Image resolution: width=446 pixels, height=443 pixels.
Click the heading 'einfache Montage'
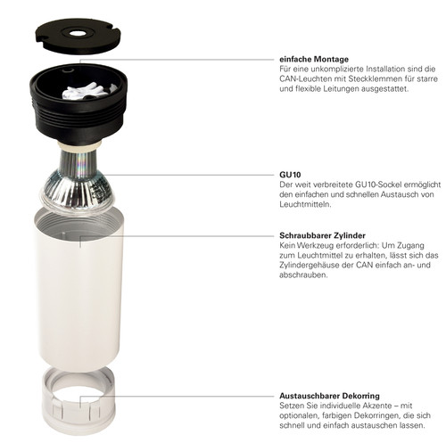click(x=314, y=60)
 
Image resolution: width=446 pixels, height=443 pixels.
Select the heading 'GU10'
click(x=290, y=175)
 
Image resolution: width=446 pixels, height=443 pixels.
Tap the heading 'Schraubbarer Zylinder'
click(x=322, y=235)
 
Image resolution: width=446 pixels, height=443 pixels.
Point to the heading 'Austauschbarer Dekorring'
click(x=329, y=396)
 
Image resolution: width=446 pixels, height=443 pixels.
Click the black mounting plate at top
click(x=78, y=36)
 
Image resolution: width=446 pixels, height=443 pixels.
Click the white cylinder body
click(x=79, y=288)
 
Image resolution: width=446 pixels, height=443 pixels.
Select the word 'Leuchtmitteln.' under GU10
click(x=305, y=204)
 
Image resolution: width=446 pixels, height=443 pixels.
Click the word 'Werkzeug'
click(x=315, y=246)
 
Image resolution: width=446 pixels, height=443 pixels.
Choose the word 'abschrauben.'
click(x=303, y=275)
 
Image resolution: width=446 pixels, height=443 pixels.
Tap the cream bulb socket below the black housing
click(x=79, y=146)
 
